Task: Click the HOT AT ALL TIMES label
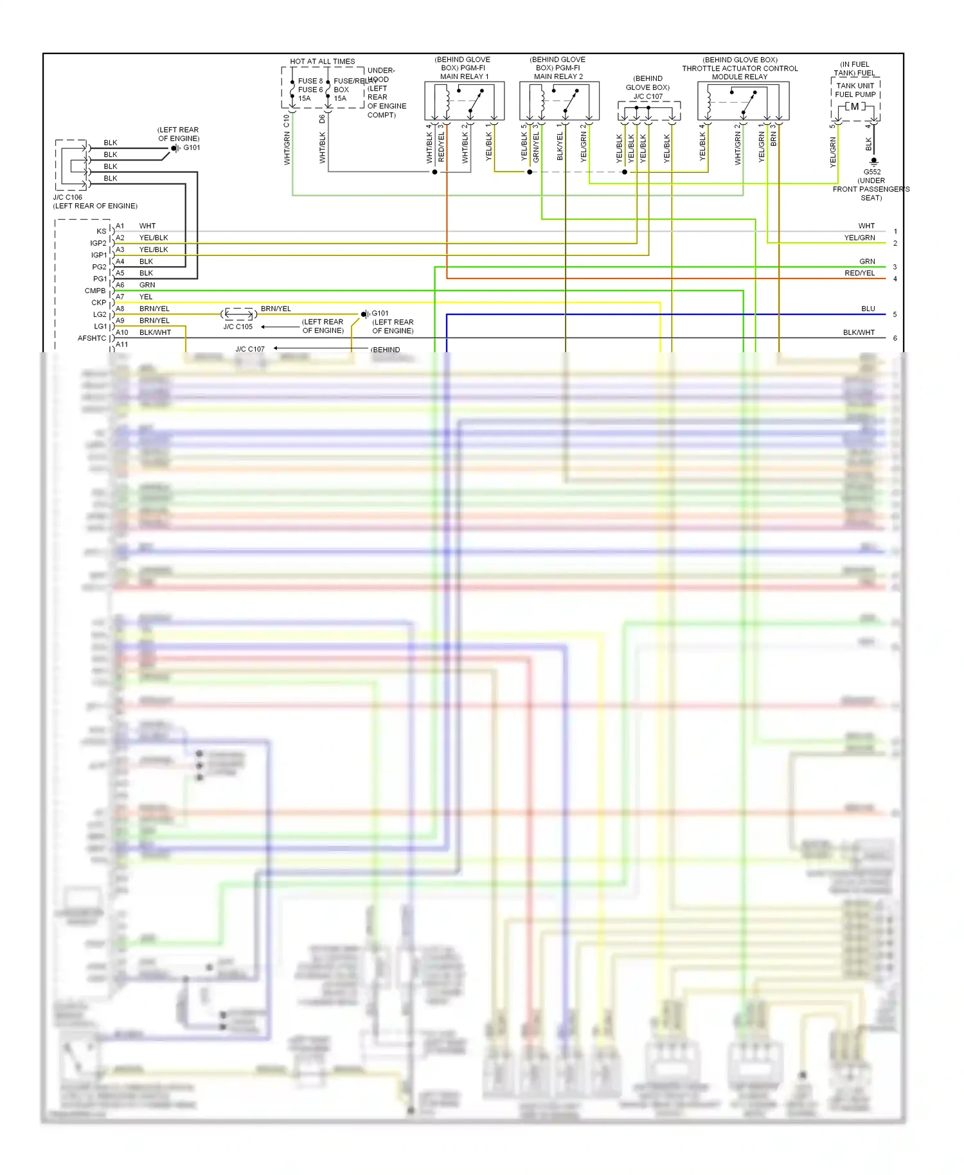point(322,62)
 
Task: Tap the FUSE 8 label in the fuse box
point(310,81)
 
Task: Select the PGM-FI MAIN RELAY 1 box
point(464,100)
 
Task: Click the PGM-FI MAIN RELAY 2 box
point(559,100)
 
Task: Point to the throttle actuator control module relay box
point(743,100)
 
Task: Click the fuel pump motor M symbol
point(855,107)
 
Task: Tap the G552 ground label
point(872,172)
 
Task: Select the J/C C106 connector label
point(67,197)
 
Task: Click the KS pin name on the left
point(101,231)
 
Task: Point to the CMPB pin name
point(95,291)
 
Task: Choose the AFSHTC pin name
point(92,338)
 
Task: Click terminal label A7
point(120,297)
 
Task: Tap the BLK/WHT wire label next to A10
point(155,332)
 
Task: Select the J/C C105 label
point(238,327)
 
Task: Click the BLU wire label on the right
point(868,309)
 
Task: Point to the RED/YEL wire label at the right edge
point(859,273)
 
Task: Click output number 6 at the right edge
point(895,338)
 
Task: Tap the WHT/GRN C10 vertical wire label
point(287,140)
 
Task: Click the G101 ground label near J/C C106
point(192,148)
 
